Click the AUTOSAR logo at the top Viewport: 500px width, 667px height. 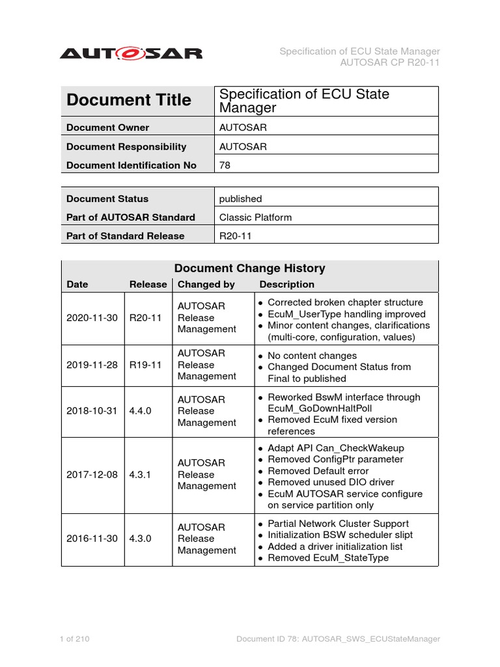coord(131,53)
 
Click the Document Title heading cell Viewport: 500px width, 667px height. coord(129,100)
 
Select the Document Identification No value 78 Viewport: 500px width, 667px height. coord(225,165)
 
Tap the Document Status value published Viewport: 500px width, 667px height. coord(240,199)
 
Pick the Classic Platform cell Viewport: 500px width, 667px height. coord(255,218)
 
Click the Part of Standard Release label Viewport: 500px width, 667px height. coord(125,236)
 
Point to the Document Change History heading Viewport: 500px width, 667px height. coord(249,268)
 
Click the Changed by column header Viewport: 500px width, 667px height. coord(206,285)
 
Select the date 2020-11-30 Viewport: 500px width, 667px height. coord(92,318)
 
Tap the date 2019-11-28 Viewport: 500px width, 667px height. coord(92,365)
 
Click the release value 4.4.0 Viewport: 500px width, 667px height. coord(143,411)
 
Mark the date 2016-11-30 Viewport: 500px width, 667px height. coord(92,539)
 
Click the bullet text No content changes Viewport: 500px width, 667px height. coord(312,356)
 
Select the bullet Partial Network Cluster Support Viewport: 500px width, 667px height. coord(338,524)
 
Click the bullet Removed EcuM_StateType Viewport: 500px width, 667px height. coord(328,558)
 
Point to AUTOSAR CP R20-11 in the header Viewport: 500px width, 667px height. coord(390,63)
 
